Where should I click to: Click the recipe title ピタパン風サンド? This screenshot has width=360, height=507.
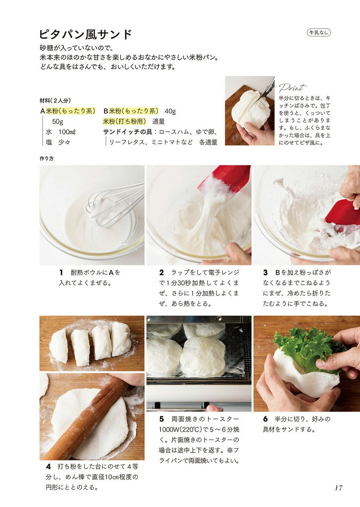point(86,34)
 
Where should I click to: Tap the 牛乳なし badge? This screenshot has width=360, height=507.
point(319,33)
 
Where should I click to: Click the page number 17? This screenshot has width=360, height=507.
point(339,487)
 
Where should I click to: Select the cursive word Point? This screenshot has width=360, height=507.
point(293,87)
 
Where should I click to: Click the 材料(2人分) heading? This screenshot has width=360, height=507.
point(55,100)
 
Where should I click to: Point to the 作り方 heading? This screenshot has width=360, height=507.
point(47,159)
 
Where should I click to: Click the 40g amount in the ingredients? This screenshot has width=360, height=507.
point(170,111)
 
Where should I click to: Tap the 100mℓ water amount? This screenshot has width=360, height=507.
point(67,132)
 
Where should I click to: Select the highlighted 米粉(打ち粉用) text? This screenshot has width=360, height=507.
point(125,121)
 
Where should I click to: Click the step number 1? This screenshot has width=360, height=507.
point(61,272)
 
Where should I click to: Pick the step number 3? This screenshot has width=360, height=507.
point(265,272)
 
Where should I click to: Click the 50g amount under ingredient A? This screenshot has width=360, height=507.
point(58,122)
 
